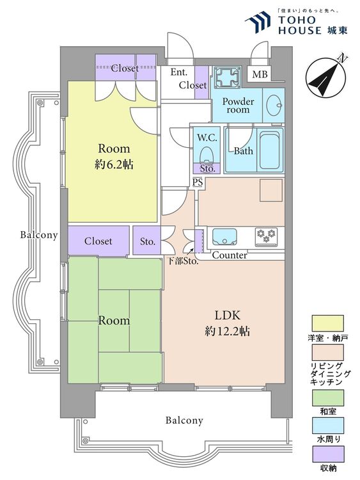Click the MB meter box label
click(x=260, y=74)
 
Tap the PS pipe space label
click(x=198, y=182)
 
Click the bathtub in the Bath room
click(x=270, y=150)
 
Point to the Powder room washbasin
click(x=273, y=106)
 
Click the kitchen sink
click(x=224, y=237)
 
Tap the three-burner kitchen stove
click(x=267, y=236)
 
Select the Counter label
click(x=230, y=255)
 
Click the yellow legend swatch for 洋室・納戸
click(x=327, y=324)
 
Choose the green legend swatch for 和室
click(x=327, y=397)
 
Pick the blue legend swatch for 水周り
click(x=327, y=426)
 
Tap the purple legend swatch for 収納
click(x=327, y=454)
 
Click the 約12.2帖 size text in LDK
click(x=227, y=331)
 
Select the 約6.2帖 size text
click(x=114, y=165)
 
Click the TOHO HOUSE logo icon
click(x=258, y=22)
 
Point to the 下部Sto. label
click(x=183, y=262)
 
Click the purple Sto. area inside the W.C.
click(x=207, y=168)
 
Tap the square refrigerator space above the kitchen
click(x=271, y=191)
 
